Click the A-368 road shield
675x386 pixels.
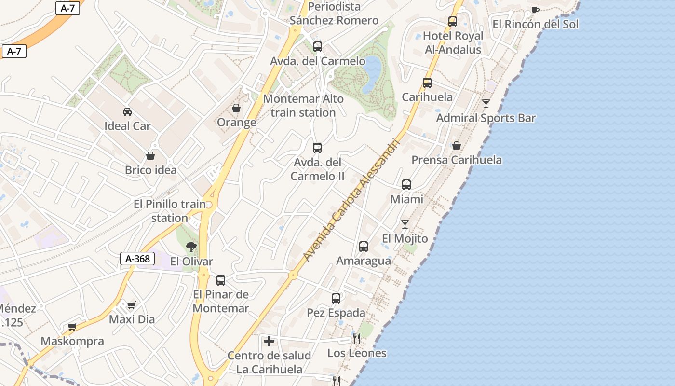pos(137,259)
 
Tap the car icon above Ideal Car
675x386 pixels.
pos(127,112)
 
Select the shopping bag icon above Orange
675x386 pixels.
pos(236,108)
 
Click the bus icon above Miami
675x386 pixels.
pos(406,185)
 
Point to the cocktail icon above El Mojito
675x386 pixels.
pos(405,224)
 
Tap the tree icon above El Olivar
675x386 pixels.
pos(191,247)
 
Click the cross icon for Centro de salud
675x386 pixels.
pos(269,342)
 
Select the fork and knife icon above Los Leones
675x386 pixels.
pos(357,338)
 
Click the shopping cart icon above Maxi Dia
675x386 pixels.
pos(132,305)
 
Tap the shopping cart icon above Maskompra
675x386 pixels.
pos(72,327)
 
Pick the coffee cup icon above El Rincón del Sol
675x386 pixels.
pos(535,10)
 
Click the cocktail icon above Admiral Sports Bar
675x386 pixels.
pos(486,104)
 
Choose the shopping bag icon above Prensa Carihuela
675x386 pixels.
pos(457,146)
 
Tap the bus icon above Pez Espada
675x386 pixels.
pos(336,299)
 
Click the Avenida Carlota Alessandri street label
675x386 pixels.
pos(352,200)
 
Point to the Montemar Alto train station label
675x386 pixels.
pos(303,106)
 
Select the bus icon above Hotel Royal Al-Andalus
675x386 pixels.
pos(453,22)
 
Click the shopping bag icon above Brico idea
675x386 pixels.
pos(150,156)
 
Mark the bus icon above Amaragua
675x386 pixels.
pos(364,247)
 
